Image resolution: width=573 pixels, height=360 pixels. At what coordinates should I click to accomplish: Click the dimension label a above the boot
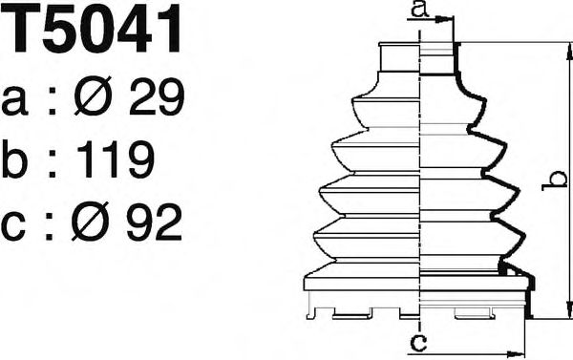click(416, 11)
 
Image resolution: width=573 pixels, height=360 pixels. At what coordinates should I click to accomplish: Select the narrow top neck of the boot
click(420, 59)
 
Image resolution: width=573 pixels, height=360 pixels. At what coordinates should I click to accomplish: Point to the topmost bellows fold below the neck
click(420, 107)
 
